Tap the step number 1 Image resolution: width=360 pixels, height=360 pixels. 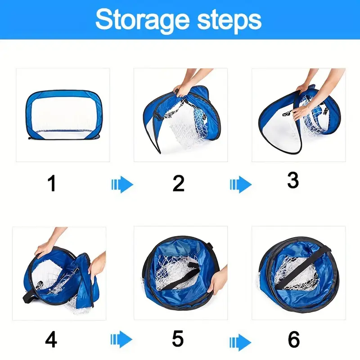click(52, 184)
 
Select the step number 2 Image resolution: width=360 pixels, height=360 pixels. click(179, 184)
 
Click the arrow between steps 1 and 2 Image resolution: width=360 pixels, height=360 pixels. click(122, 184)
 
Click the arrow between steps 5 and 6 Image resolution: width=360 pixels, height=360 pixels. click(240, 338)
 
